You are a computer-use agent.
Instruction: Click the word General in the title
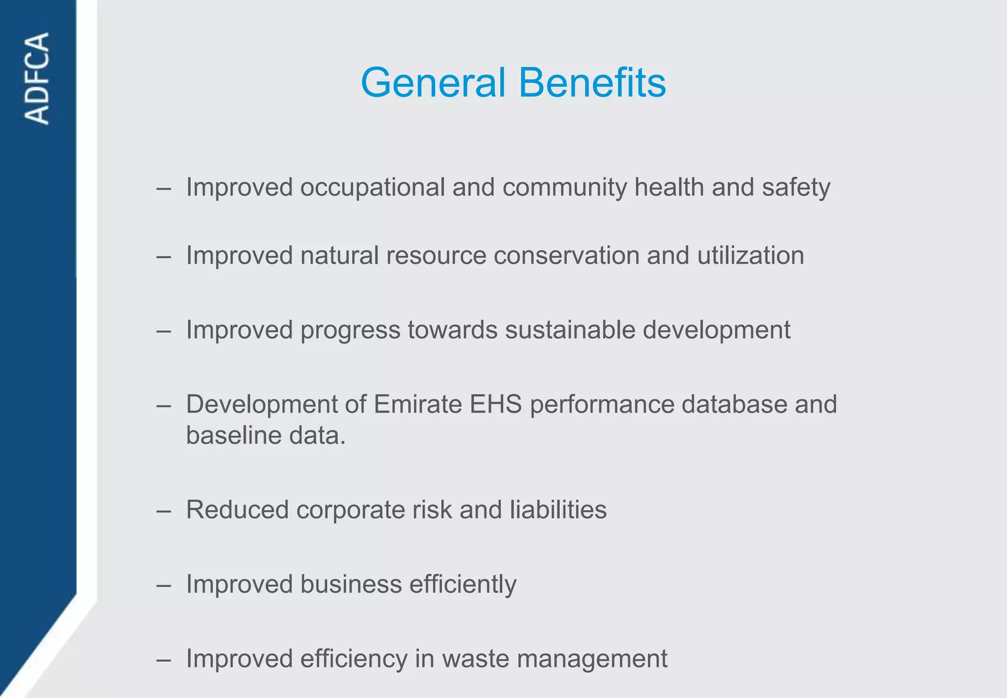[x=433, y=83]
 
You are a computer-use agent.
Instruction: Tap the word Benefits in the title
[x=592, y=83]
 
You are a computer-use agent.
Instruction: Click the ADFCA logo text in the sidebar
[x=37, y=78]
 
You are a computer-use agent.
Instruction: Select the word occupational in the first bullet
[x=372, y=188]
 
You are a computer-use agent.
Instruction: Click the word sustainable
[x=570, y=330]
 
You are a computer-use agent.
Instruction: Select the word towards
[x=452, y=330]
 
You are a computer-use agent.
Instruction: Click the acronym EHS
[x=496, y=405]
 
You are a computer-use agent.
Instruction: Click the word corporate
[x=350, y=510]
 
